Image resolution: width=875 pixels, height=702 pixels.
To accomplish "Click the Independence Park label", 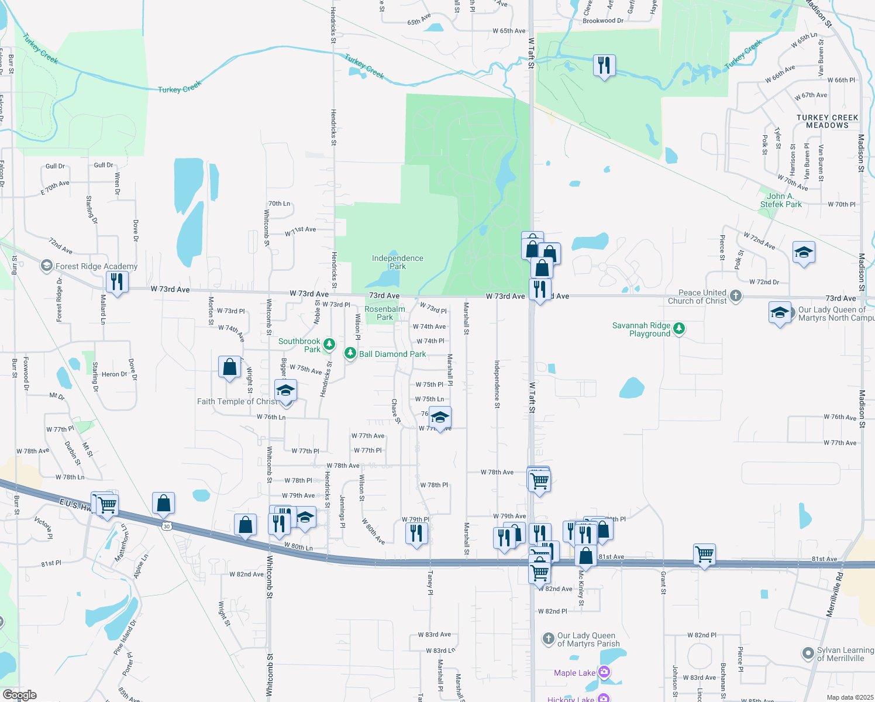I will click(397, 262).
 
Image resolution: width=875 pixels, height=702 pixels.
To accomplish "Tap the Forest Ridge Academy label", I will click(97, 266).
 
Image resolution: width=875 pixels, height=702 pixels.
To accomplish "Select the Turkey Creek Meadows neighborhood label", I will click(827, 121).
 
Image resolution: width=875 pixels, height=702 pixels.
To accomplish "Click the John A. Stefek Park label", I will click(781, 200).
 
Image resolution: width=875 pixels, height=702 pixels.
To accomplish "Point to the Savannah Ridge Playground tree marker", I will click(678, 328).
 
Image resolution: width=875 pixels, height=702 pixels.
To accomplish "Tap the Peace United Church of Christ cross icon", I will click(736, 296).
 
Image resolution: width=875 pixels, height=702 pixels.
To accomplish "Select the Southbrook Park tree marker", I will click(329, 344).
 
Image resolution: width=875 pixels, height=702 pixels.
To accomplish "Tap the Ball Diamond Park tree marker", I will click(350, 353).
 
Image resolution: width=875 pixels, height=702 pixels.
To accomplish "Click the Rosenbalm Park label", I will click(384, 313).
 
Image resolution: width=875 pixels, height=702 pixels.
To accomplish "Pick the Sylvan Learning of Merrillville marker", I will click(808, 653).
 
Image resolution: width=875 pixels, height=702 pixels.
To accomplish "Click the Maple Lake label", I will click(574, 673).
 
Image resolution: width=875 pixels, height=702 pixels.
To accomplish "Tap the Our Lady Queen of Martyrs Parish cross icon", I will click(548, 638).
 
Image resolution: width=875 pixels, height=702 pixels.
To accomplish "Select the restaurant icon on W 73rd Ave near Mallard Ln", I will click(117, 282).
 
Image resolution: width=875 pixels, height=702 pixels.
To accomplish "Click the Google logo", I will click(19, 695).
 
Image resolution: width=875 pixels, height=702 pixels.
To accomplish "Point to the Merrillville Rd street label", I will click(835, 594).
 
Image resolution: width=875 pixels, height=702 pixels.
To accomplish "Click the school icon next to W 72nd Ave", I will click(804, 252).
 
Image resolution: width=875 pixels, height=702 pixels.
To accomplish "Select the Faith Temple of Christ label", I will click(237, 401).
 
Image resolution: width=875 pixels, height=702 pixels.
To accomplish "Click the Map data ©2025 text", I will click(850, 697).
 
